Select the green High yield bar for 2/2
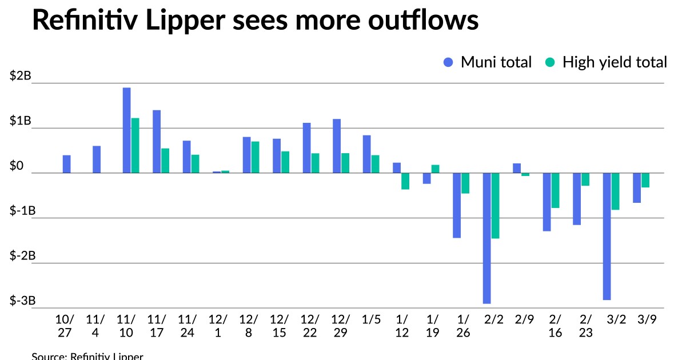coord(495,205)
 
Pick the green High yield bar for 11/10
coord(135,145)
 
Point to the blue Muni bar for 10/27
coord(67,164)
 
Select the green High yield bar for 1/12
coord(405,181)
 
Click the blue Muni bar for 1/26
coord(457,205)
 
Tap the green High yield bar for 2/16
coord(555,190)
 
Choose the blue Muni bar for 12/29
coord(337,146)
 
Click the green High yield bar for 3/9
coord(645,180)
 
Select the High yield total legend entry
coord(606,62)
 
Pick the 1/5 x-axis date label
coord(372,319)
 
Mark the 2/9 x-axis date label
coord(524,319)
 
